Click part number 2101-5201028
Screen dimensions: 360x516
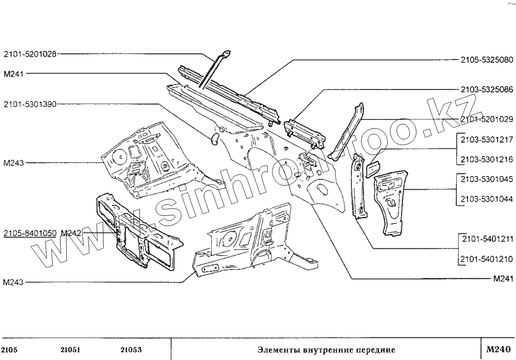click(30, 54)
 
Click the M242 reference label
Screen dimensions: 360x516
click(71, 233)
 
